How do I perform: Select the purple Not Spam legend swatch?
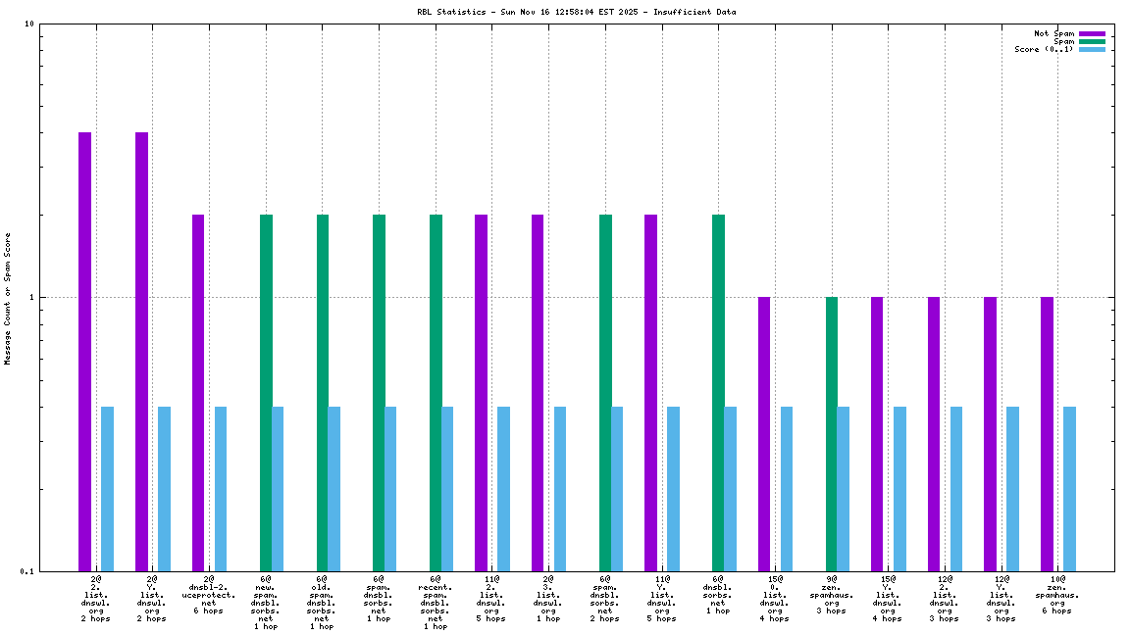[1092, 33]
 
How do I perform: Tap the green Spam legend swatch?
[1092, 41]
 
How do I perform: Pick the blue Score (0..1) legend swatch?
[1092, 49]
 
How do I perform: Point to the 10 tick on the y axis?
[30, 24]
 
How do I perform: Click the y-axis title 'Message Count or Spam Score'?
[7, 299]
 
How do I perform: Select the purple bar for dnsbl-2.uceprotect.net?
[198, 392]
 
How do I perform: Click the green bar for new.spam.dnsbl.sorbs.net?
[266, 392]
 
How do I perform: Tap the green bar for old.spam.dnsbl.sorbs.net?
[323, 392]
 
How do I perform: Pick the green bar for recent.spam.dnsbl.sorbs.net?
[436, 392]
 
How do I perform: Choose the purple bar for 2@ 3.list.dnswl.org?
[538, 392]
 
